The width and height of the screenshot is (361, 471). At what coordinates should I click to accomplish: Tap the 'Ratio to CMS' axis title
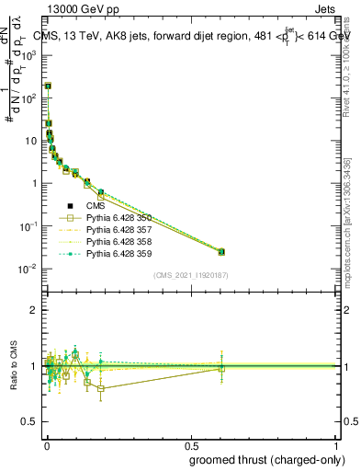13,366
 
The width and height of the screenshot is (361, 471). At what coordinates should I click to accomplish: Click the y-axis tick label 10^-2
28,269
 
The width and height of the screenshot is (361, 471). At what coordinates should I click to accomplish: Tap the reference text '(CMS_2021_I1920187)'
191,275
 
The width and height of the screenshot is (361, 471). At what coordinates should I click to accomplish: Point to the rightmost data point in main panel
221,251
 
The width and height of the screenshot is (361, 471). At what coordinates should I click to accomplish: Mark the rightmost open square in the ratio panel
221,369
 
